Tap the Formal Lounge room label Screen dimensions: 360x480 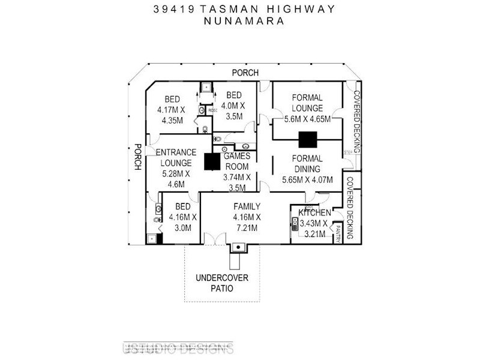click(x=307, y=103)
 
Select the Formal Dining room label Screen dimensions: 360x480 click(x=307, y=163)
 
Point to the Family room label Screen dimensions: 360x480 click(x=247, y=206)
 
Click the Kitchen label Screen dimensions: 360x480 click(x=314, y=213)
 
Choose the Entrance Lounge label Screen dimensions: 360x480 click(x=175, y=158)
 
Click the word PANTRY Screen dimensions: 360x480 click(x=338, y=232)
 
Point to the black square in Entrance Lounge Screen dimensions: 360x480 click(x=212, y=162)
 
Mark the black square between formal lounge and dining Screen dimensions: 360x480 click(x=308, y=140)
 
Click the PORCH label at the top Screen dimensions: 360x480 click(x=246, y=73)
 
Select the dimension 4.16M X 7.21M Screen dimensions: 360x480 click(x=247, y=223)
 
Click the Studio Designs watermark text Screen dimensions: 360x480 click(x=178, y=349)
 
